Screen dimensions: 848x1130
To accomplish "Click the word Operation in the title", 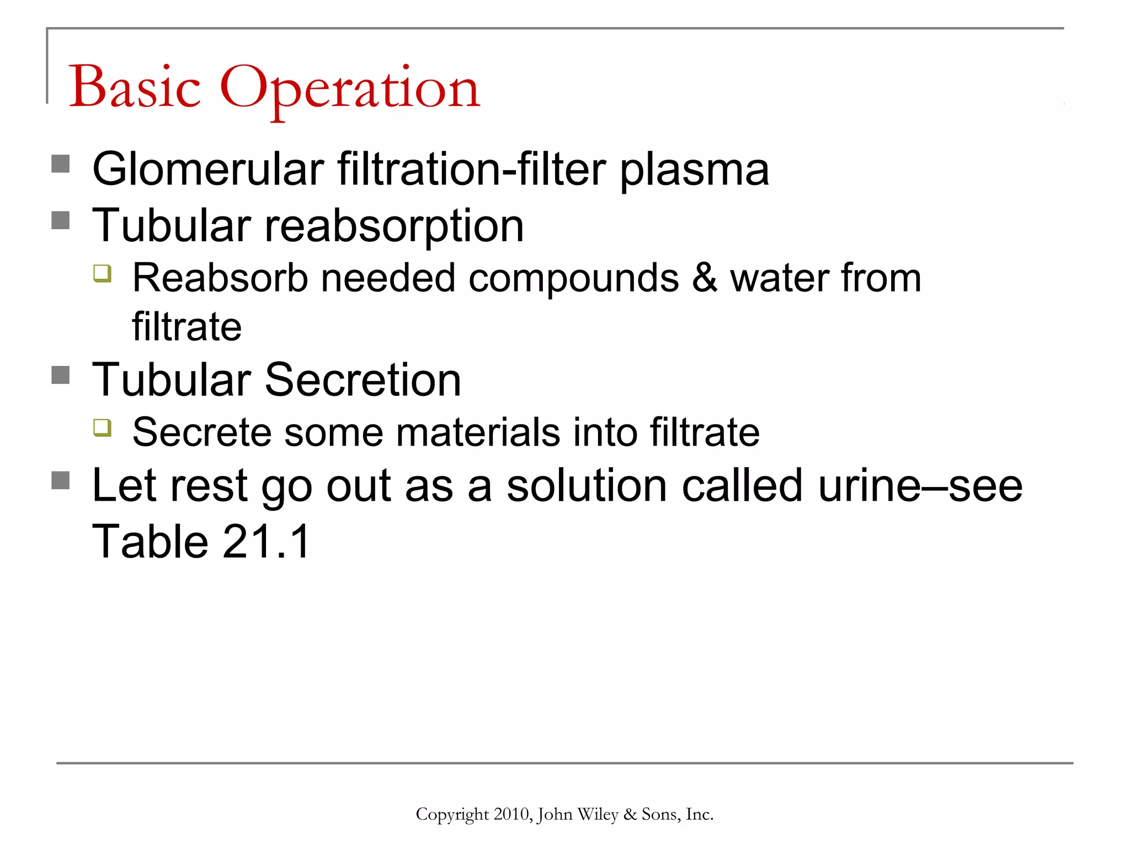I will pyautogui.click(x=350, y=88).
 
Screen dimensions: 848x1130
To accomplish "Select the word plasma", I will pyautogui.click(x=695, y=170).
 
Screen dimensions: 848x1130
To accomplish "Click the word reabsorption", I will pyautogui.click(x=394, y=226).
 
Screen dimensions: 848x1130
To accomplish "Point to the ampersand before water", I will pyautogui.click(x=705, y=278).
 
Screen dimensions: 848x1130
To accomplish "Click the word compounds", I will pyautogui.click(x=573, y=278).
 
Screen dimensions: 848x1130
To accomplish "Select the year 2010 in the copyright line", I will pyautogui.click(x=511, y=814).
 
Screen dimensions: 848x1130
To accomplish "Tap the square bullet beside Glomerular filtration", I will pyautogui.click(x=61, y=164).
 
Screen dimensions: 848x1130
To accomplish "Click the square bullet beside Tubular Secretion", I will pyautogui.click(x=61, y=375).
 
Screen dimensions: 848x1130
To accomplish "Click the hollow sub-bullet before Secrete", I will pyautogui.click(x=103, y=427).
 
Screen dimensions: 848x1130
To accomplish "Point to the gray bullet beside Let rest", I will pyautogui.click(x=61, y=480).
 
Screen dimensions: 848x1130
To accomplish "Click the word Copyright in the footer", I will pyautogui.click(x=452, y=814).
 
